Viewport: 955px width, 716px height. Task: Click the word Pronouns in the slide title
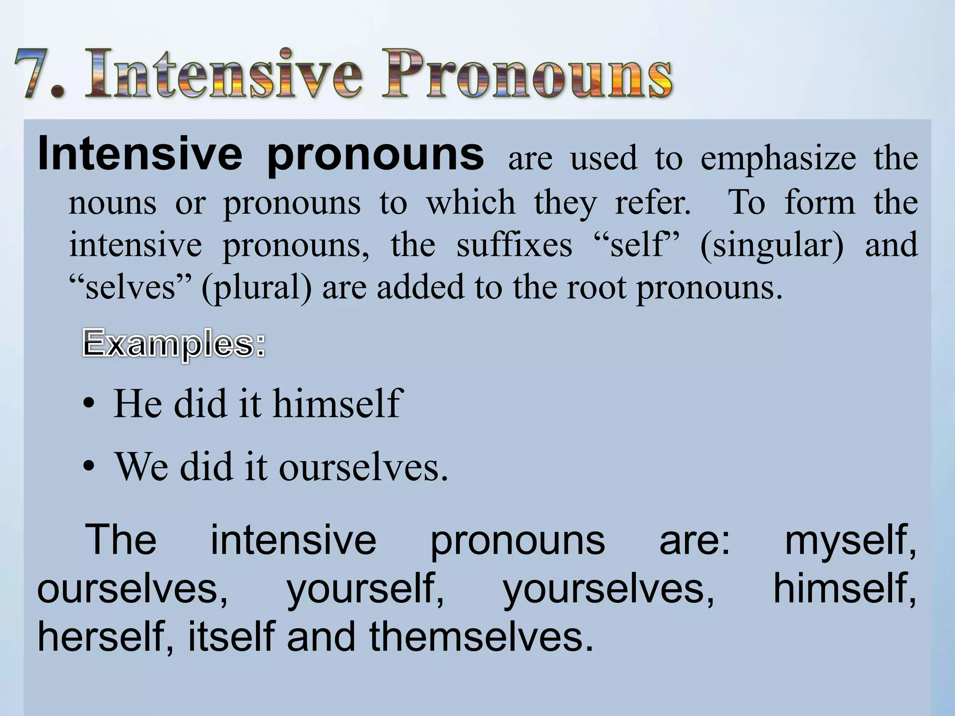click(527, 75)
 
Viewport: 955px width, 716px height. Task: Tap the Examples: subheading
click(173, 344)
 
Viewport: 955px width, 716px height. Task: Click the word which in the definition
click(471, 203)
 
